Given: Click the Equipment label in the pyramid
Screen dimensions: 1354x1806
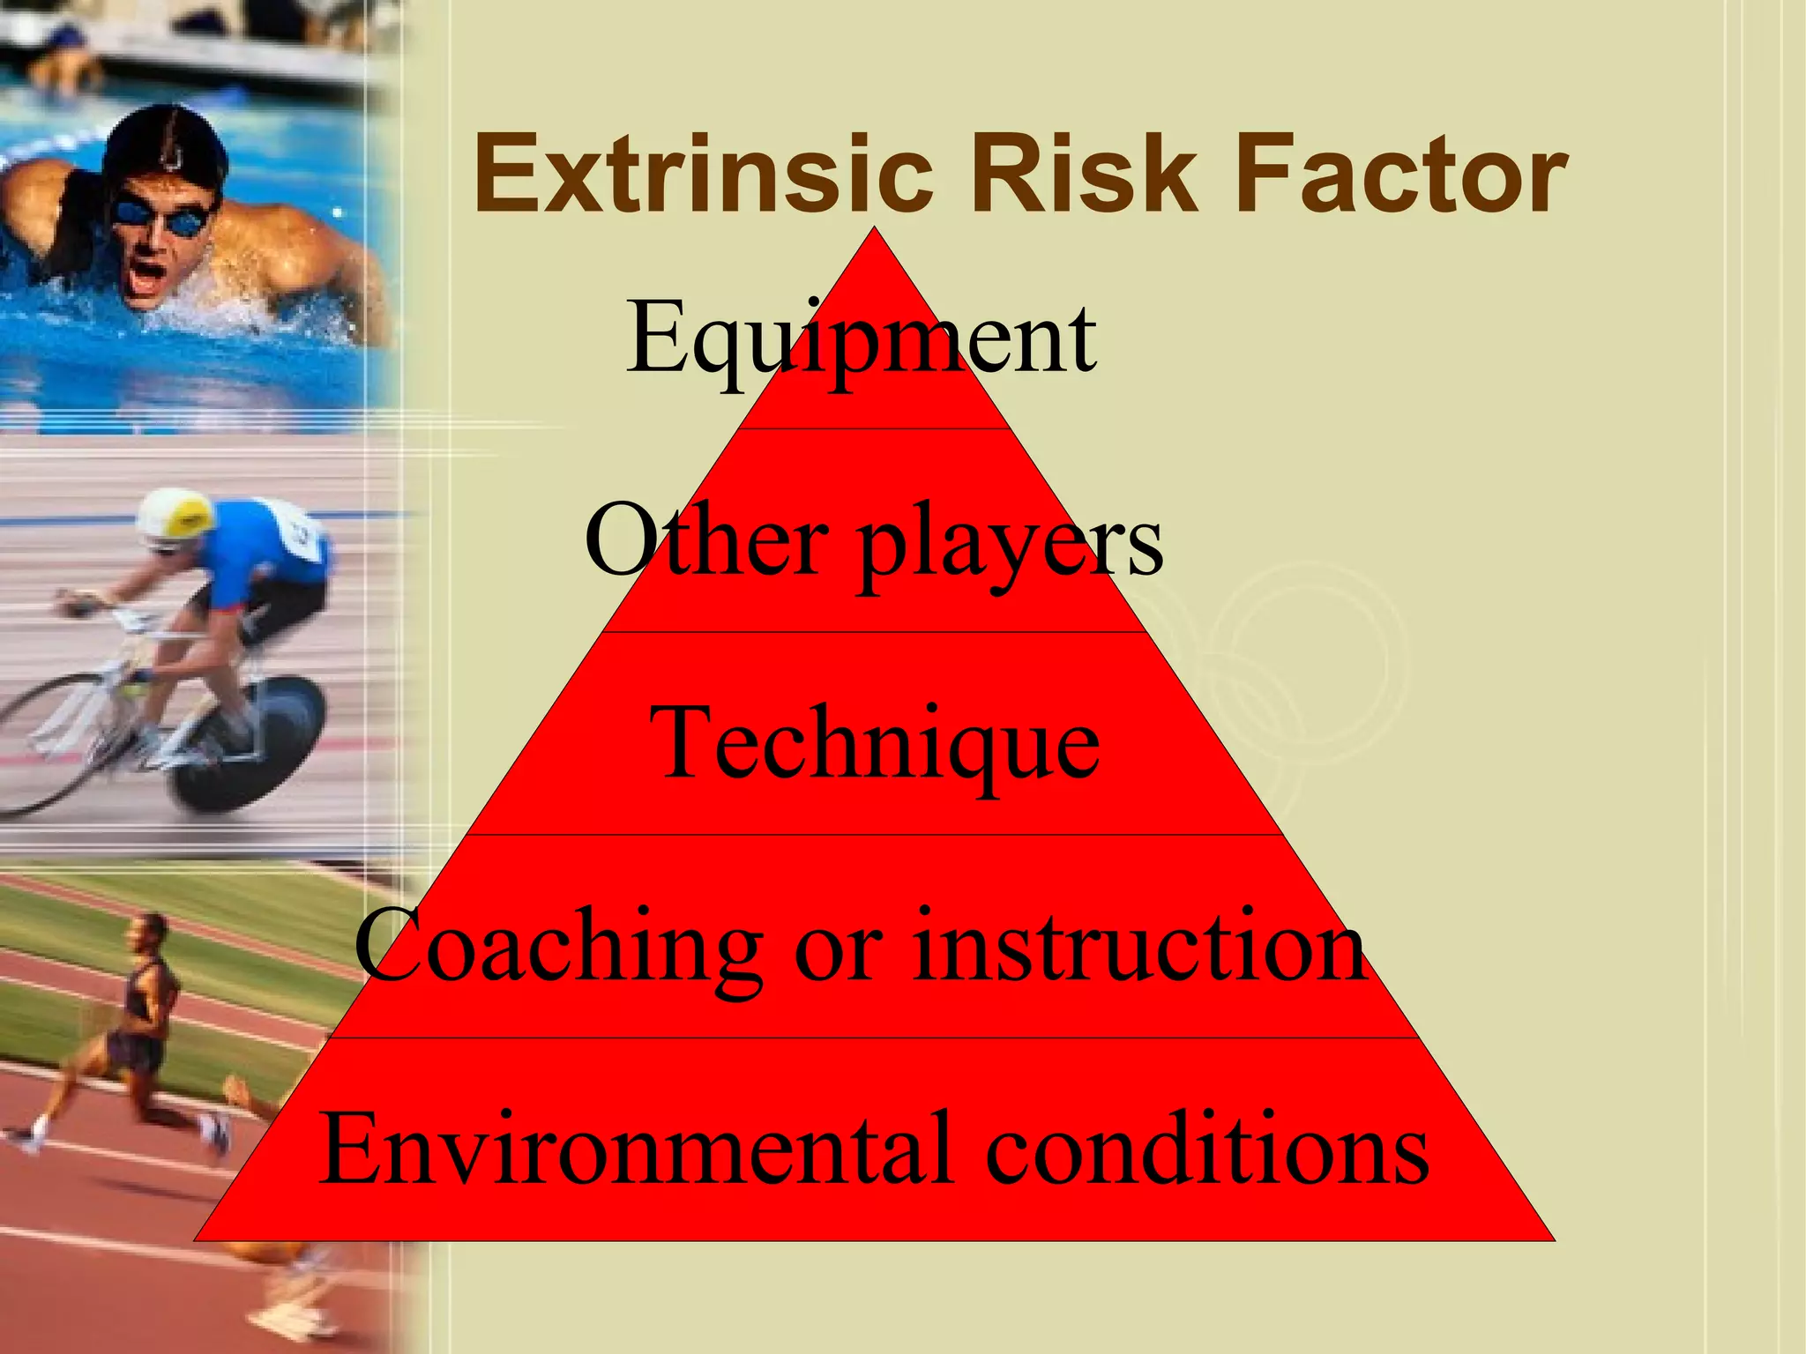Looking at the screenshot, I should pyautogui.click(x=862, y=339).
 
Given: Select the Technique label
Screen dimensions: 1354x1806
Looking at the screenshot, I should pyautogui.click(x=874, y=745).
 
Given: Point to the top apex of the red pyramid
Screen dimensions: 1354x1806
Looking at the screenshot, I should pyautogui.click(x=875, y=231).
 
